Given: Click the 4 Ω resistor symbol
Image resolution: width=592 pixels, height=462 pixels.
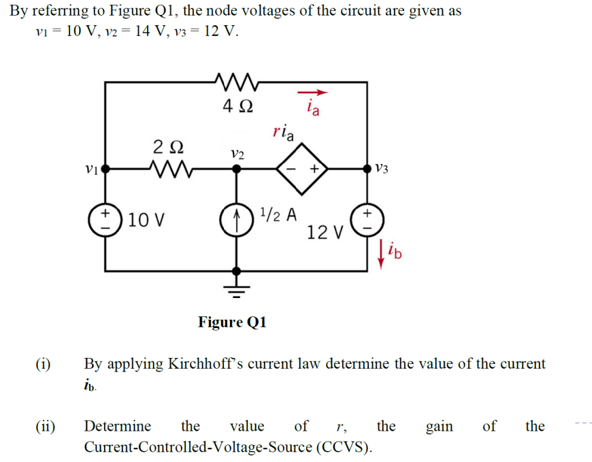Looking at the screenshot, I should [x=237, y=82].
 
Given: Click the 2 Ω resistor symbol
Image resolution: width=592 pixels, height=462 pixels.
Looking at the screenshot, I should [x=167, y=167].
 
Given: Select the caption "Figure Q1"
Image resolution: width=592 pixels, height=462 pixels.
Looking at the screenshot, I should [x=232, y=322].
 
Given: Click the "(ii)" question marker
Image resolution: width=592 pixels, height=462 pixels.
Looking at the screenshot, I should [x=46, y=427].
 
